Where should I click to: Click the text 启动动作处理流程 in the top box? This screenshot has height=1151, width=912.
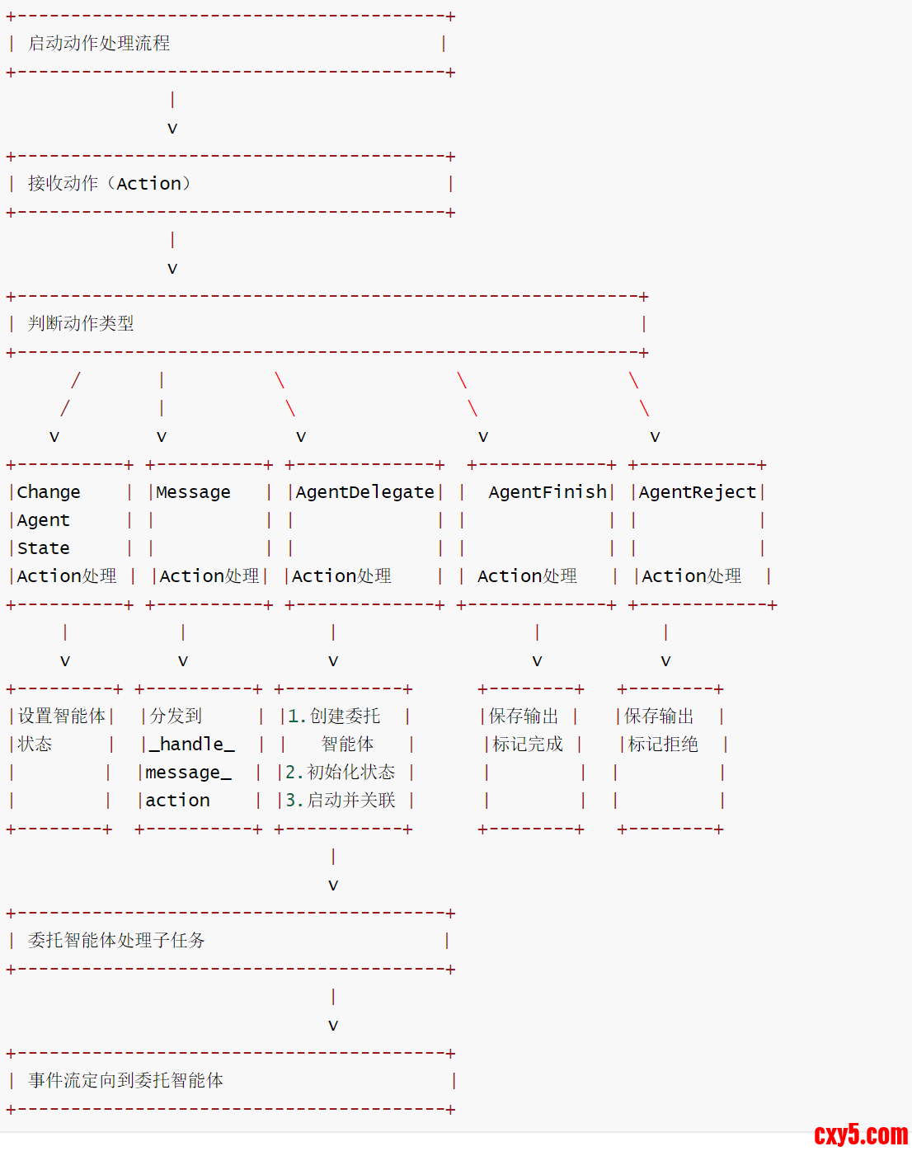tap(99, 44)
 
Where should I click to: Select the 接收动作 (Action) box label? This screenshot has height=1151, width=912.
tap(109, 183)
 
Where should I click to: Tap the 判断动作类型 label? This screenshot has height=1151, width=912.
tap(81, 323)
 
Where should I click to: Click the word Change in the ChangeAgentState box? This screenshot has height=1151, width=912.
tap(49, 492)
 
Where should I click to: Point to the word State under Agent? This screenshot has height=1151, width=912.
tap(44, 548)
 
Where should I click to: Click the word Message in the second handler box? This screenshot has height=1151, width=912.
tap(193, 492)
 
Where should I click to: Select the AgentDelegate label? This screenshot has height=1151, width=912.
tap(364, 492)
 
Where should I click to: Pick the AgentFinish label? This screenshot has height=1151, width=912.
tap(548, 492)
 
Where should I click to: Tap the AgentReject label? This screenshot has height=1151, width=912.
tap(697, 492)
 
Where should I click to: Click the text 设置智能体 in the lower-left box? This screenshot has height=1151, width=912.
tap(62, 716)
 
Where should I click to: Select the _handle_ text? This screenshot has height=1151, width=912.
tap(192, 745)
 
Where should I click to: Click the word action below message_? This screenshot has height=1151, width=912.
tap(177, 801)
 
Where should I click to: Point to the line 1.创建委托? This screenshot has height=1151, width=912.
tap(334, 716)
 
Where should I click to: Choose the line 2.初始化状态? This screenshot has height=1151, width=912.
tap(340, 773)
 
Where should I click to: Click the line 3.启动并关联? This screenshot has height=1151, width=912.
tap(340, 801)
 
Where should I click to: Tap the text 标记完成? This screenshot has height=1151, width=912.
tap(528, 745)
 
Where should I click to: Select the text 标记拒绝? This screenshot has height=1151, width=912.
tap(663, 745)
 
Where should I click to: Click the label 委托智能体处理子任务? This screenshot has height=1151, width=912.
tap(116, 941)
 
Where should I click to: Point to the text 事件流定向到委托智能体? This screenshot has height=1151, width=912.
tap(125, 1081)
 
